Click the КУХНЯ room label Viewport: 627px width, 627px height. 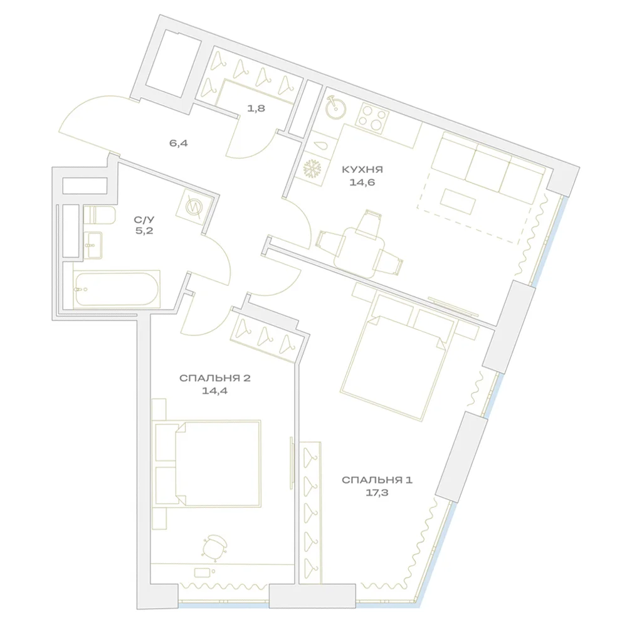click(x=362, y=169)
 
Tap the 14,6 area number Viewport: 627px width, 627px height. click(x=363, y=182)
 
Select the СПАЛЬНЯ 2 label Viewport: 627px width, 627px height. click(x=214, y=378)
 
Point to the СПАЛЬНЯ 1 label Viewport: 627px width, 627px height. click(x=377, y=480)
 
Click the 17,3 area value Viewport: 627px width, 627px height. click(x=377, y=493)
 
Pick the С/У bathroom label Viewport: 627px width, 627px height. click(x=144, y=219)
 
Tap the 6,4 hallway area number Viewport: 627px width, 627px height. click(x=178, y=143)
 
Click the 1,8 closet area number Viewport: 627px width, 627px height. click(x=256, y=108)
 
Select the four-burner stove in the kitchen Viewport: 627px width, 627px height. click(x=372, y=117)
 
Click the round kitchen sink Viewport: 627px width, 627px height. click(x=335, y=107)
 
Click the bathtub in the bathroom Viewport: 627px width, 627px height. click(x=117, y=289)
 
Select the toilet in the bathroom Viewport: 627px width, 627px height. click(x=99, y=215)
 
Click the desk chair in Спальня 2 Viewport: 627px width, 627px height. click(x=214, y=546)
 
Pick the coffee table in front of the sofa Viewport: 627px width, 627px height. click(x=458, y=201)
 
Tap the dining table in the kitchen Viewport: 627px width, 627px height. click(x=359, y=253)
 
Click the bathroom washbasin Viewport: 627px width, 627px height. click(x=93, y=245)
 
